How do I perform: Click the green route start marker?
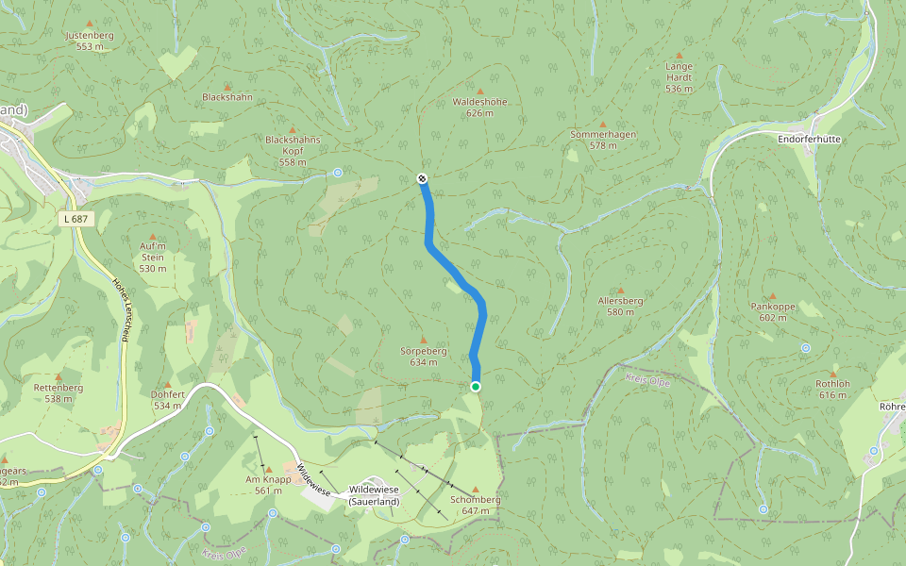(476, 386)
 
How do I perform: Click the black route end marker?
(422, 178)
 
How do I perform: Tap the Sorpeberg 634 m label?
(423, 356)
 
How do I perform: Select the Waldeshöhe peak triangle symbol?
(479, 91)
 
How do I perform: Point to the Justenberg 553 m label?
(90, 41)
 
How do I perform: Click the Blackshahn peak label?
(226, 97)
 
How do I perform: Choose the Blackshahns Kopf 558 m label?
(293, 150)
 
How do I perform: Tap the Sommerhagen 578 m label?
(603, 140)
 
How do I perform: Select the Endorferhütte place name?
(809, 139)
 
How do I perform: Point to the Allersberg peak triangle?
(620, 291)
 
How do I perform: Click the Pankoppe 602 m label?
(772, 312)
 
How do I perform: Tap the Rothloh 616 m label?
(832, 389)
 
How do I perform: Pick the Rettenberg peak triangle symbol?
(59, 376)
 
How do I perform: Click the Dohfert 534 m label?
(167, 400)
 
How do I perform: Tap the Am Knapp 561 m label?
(268, 485)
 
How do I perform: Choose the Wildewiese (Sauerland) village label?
(374, 495)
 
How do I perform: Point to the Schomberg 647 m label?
(475, 505)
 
